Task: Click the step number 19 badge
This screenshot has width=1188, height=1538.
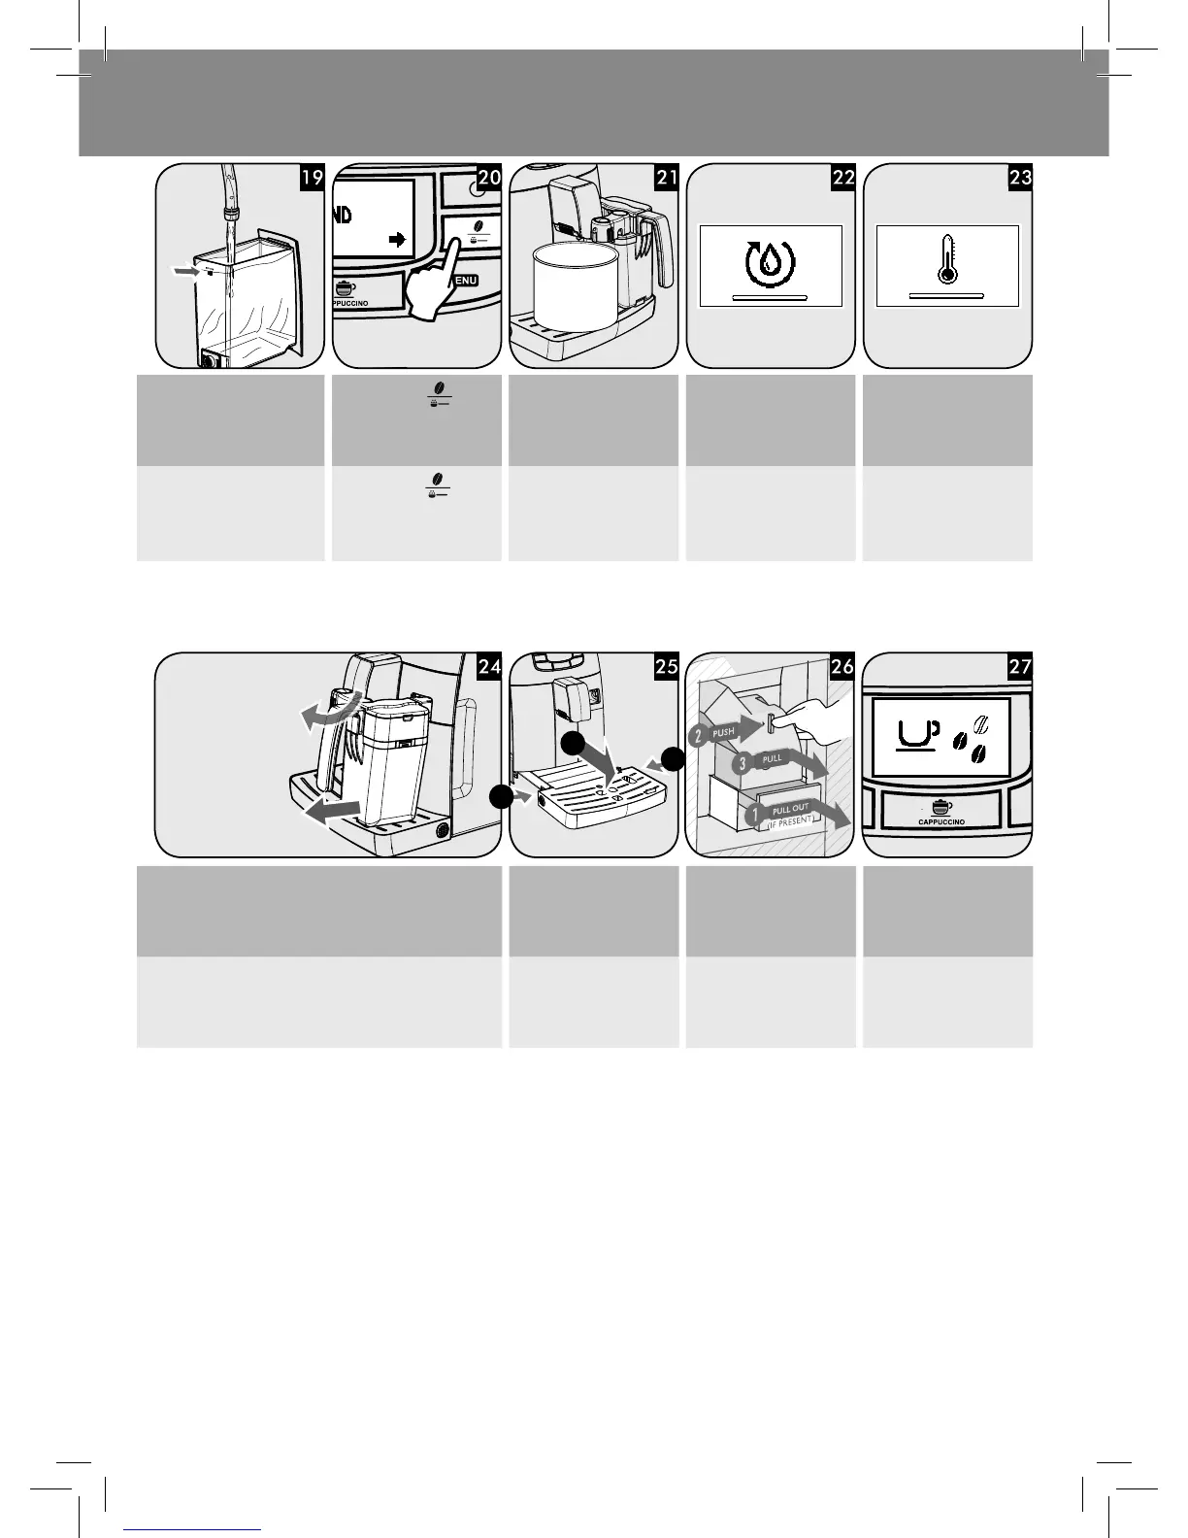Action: (x=312, y=178)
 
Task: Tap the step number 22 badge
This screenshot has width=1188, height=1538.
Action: (x=842, y=178)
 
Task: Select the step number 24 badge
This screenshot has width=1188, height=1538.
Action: (x=489, y=666)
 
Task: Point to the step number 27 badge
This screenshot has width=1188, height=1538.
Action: (x=1020, y=666)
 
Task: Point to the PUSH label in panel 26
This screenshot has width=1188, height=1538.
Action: (x=723, y=733)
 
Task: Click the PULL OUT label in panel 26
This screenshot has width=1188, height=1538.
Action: (x=790, y=809)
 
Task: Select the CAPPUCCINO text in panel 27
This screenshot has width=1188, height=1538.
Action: (x=940, y=822)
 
